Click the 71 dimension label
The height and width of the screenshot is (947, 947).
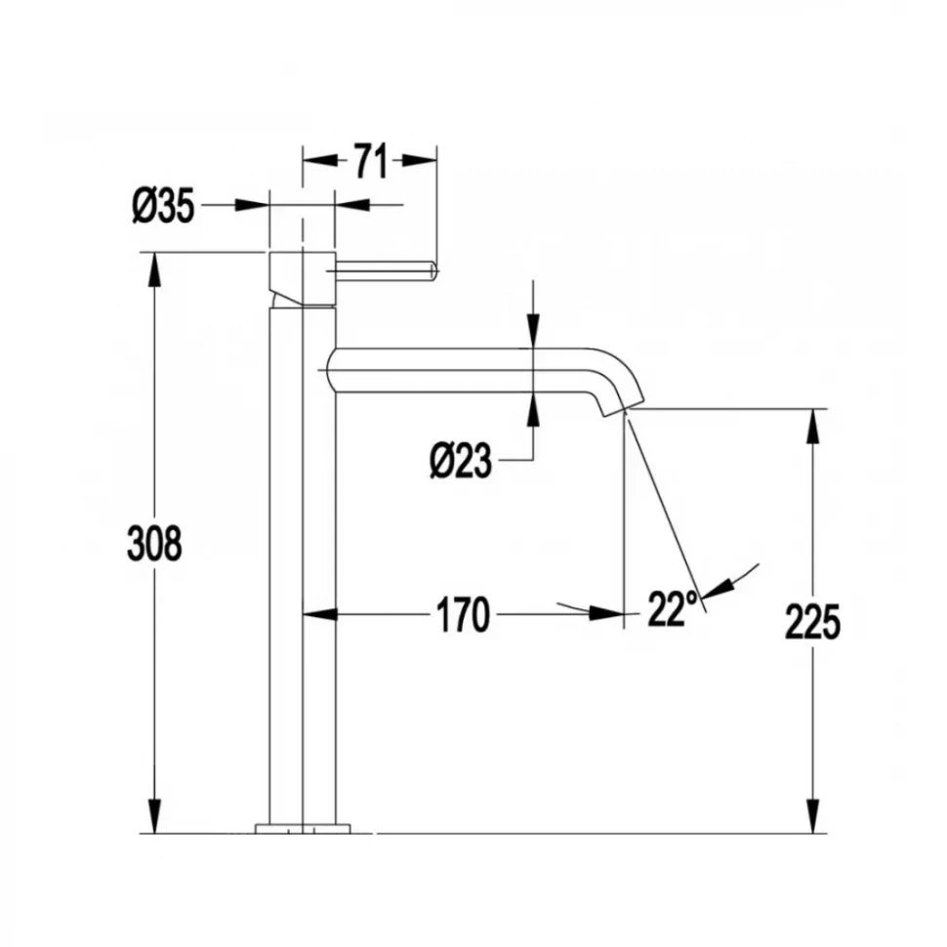370,161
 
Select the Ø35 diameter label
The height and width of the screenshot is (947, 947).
163,206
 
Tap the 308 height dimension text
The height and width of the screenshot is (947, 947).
154,544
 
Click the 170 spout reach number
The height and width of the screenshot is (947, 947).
463,615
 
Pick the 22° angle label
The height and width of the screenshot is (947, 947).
673,609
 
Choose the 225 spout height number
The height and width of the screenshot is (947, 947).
812,622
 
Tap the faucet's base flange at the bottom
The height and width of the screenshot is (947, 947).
303,828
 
